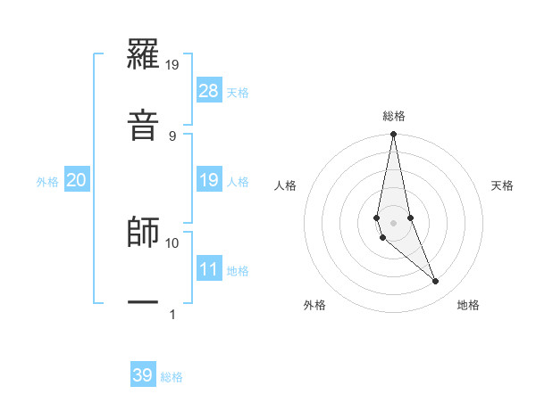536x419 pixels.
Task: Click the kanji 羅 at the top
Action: pos(144,58)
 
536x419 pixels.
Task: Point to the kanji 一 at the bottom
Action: pos(144,303)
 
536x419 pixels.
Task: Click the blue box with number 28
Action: pos(209,90)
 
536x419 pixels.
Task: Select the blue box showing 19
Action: pos(209,180)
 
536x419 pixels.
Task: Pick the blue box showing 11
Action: pos(209,269)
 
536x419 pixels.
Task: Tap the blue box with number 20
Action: pos(77,180)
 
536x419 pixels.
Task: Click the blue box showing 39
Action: pos(143,375)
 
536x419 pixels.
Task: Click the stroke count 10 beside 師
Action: pos(172,242)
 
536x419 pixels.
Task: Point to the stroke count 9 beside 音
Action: pos(172,136)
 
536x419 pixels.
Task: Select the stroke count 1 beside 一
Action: pos(172,314)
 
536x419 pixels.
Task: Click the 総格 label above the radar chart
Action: pos(394,116)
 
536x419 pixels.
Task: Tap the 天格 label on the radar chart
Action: pos(503,185)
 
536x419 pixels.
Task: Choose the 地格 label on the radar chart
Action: pos(468,305)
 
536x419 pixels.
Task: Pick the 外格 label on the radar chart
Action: pos(314,305)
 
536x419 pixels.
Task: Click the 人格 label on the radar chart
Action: pos(286,185)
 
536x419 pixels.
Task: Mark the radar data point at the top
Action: pos(393,135)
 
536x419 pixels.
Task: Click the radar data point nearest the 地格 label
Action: pos(436,282)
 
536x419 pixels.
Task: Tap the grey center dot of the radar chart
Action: pos(393,222)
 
